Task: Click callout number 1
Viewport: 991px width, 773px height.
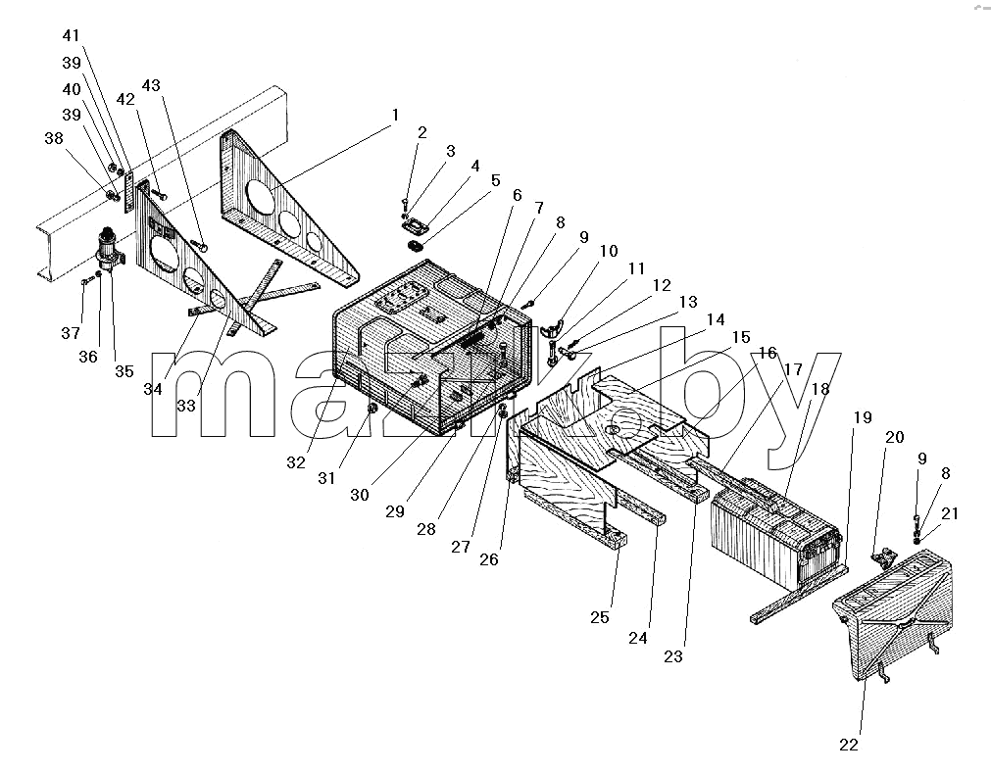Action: [396, 116]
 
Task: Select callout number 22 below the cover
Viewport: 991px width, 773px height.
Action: [849, 746]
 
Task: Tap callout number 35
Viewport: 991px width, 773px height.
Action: [124, 371]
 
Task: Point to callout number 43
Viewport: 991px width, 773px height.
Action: [151, 85]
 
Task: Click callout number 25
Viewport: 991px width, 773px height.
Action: [600, 617]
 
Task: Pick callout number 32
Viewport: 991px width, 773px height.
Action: [296, 462]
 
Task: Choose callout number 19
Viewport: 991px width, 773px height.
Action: [863, 417]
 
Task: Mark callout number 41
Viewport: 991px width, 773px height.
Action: [72, 36]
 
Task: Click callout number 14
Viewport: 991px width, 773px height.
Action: [716, 319]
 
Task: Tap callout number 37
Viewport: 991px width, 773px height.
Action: [71, 333]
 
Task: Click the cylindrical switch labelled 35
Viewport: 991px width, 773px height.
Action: [110, 253]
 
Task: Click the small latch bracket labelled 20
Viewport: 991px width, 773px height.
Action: [883, 556]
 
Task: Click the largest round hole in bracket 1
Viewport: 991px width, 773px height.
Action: [261, 196]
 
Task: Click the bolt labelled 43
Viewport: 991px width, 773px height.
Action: [200, 246]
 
